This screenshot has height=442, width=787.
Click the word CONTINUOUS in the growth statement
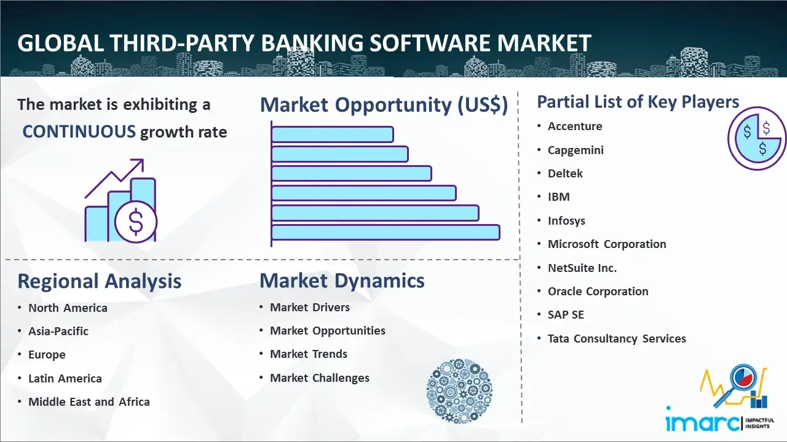[79, 131]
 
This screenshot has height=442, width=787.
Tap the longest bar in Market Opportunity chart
[385, 232]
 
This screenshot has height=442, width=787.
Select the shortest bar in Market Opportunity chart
[332, 134]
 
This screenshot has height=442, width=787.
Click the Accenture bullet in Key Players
[575, 126]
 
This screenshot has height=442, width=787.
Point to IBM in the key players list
[559, 197]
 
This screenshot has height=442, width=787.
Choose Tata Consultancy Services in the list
[617, 338]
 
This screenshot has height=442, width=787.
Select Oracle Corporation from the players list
[598, 292]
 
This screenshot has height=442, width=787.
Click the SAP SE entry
[566, 315]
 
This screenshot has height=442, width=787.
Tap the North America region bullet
[68, 308]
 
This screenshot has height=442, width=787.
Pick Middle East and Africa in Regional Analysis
[89, 402]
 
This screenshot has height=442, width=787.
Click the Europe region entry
[47, 355]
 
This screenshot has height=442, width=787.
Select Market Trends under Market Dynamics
[309, 354]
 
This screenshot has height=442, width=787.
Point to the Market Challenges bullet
[320, 378]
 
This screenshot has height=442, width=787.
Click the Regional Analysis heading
[99, 281]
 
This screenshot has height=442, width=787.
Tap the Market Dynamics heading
[342, 281]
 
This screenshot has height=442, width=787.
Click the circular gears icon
[459, 391]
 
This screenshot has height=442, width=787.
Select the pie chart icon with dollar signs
[756, 138]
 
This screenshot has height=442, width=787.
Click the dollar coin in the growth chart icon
[136, 222]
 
